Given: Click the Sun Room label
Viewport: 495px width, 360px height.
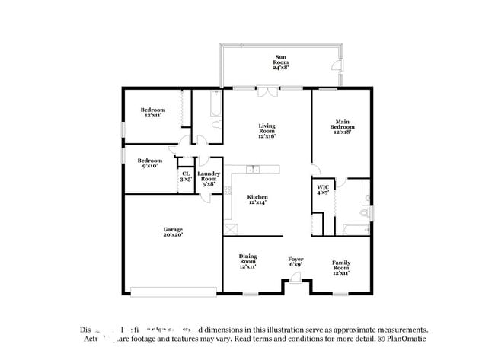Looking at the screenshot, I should click(x=279, y=62).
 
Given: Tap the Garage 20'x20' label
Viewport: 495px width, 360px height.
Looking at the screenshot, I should click(x=172, y=232).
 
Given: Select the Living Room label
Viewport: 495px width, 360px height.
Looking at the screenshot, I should click(x=267, y=131).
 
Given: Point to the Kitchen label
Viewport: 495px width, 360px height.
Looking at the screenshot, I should click(x=257, y=199).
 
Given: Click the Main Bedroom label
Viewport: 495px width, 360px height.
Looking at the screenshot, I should click(x=342, y=126).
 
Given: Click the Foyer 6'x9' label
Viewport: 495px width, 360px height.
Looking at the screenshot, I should click(x=295, y=262).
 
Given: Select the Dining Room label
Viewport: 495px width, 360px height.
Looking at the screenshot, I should click(x=247, y=262).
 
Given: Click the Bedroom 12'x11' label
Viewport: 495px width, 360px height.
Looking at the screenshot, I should click(x=152, y=113).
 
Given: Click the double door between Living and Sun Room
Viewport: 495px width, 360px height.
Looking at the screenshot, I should click(x=267, y=92).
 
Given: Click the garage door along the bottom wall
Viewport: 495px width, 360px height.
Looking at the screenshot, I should click(x=174, y=290).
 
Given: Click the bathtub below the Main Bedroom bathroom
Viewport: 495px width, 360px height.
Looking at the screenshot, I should click(x=356, y=231).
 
